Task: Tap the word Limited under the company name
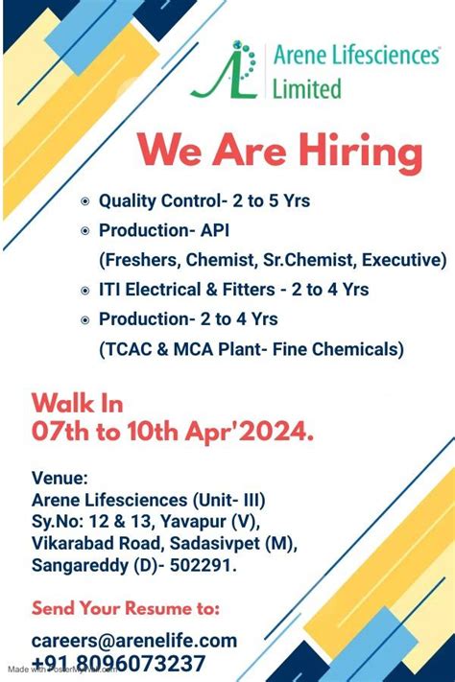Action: pos(306,88)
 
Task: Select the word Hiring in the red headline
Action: pos(360,152)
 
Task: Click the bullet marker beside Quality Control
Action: pos(85,201)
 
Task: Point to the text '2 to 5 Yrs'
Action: pos(272,200)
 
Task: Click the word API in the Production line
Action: pos(215,230)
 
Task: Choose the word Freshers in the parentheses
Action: pos(140,260)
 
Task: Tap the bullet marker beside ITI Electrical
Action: pos(85,290)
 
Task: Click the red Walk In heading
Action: pos(77,403)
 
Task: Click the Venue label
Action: pos(60,478)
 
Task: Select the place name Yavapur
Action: pos(193,522)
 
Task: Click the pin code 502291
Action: pos(201,565)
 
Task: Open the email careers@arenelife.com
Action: pos(134,641)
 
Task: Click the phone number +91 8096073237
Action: pos(118,664)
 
